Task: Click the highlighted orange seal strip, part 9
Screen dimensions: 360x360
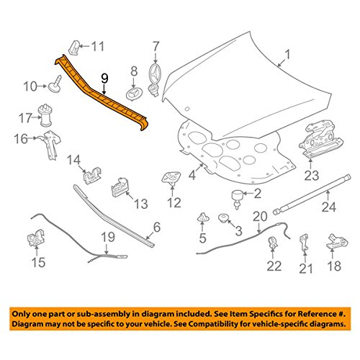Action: (x=101, y=96)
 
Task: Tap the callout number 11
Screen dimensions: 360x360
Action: (x=97, y=46)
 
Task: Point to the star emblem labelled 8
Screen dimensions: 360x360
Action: (x=134, y=94)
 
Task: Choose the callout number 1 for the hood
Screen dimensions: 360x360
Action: (x=287, y=55)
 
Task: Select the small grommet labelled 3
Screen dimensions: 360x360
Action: (x=223, y=218)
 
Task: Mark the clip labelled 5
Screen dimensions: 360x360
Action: (x=203, y=217)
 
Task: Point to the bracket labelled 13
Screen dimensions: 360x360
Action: (x=120, y=187)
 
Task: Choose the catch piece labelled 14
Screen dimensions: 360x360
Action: (x=92, y=175)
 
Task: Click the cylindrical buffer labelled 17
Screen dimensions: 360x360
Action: (x=45, y=115)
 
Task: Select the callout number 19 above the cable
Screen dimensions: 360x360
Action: (x=108, y=238)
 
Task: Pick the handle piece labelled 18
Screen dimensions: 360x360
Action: (x=337, y=241)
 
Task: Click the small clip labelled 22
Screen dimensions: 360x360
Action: (x=272, y=243)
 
